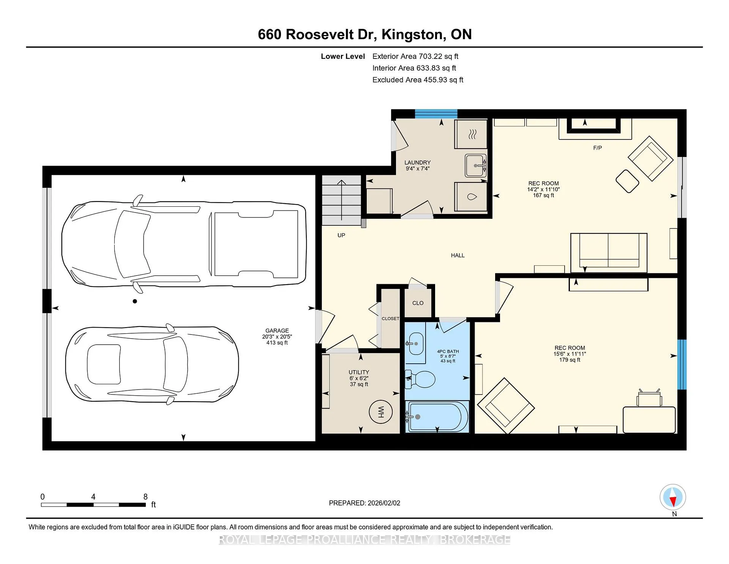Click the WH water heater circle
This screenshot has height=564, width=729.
click(x=381, y=412)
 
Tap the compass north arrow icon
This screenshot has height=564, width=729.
click(x=673, y=497)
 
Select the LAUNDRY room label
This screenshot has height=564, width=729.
click(x=417, y=163)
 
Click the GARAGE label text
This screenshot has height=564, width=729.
click(x=277, y=331)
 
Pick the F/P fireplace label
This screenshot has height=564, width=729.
click(x=597, y=148)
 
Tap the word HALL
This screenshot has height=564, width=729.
click(x=458, y=255)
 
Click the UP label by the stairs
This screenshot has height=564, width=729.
click(x=341, y=235)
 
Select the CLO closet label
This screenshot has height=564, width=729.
click(x=418, y=303)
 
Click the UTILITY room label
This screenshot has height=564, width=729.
click(x=359, y=372)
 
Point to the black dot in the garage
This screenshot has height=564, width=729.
click(x=135, y=301)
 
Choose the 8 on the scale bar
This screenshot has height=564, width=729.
click(x=145, y=497)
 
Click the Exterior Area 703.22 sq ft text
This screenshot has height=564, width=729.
click(x=415, y=56)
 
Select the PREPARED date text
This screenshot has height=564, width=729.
click(x=364, y=503)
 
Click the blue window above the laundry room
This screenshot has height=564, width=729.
click(x=436, y=114)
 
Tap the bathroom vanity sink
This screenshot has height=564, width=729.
click(x=415, y=344)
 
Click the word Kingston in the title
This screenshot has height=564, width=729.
click(x=413, y=34)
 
